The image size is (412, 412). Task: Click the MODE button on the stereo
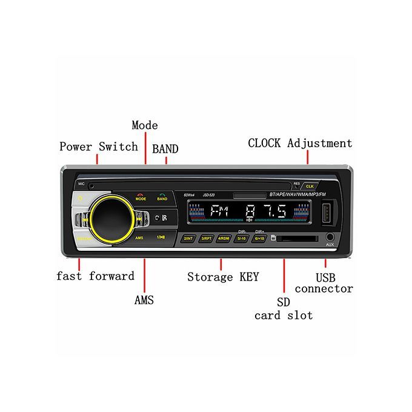point(141,196)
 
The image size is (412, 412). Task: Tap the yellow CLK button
point(310,185)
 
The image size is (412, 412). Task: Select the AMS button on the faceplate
point(140,238)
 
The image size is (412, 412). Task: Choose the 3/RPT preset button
point(207,239)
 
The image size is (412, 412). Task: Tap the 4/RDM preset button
point(225,239)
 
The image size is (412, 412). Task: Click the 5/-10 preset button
point(242,239)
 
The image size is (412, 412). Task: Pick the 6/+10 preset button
point(259,239)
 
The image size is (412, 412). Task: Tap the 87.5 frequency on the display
point(266,213)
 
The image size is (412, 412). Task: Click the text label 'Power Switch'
point(99,147)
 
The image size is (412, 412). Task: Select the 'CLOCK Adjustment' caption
point(300,144)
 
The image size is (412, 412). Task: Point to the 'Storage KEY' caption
point(223,277)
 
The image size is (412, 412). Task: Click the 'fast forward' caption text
point(95,276)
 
